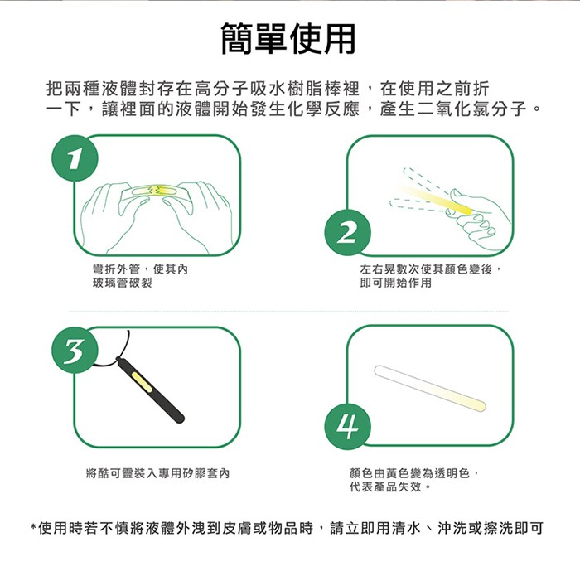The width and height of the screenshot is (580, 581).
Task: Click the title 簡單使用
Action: (289, 37)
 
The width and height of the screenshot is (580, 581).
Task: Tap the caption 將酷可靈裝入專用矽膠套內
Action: (157, 473)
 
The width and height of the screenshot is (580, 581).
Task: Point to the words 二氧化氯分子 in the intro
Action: (473, 109)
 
